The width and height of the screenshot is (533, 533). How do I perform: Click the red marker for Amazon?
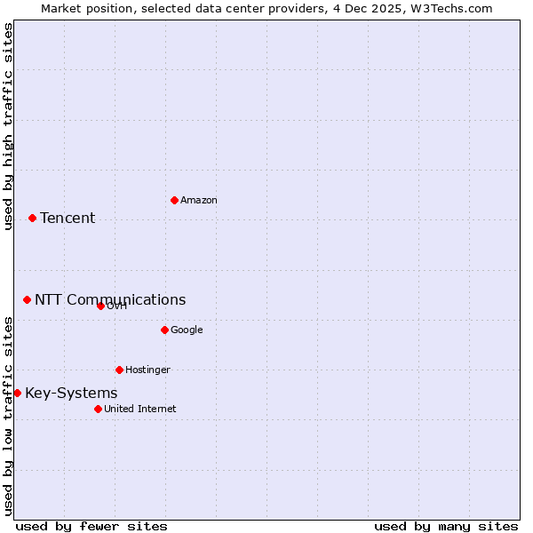coord(174,200)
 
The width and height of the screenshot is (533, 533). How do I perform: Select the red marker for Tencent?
coord(32,218)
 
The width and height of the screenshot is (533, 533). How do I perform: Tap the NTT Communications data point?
coord(27,299)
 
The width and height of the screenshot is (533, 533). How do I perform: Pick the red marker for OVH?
coord(100,306)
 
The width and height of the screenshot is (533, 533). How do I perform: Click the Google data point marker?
coord(164,330)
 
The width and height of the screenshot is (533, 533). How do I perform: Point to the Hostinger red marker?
coord(119,370)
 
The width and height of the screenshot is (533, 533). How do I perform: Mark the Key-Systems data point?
coord(17,393)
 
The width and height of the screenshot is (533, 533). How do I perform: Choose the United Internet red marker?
coord(98,409)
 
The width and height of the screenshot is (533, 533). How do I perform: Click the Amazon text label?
coord(198,201)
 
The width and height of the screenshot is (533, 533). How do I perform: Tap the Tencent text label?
coord(68,219)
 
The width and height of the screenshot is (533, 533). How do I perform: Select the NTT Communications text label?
coord(110,300)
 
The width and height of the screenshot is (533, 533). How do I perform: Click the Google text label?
coord(187,330)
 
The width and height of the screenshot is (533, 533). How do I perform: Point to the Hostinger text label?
coord(147,370)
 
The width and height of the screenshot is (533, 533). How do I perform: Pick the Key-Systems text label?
coord(71,394)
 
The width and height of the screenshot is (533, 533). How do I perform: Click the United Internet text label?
coord(139,410)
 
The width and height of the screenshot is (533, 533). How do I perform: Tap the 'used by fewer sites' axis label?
coord(91,526)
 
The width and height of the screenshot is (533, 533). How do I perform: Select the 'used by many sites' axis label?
coord(446,526)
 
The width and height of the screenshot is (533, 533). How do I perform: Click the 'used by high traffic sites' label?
coord(8,126)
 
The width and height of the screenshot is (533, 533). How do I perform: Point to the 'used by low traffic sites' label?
coord(8,415)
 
